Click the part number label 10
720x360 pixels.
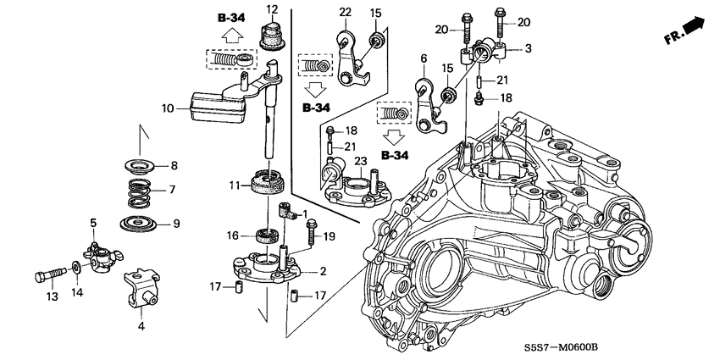[x=168, y=108]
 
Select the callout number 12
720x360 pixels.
[x=272, y=9]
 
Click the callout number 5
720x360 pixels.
[x=94, y=222]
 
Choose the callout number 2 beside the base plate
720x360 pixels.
[x=323, y=272]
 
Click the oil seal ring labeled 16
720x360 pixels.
[x=268, y=235]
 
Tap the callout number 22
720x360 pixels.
[x=345, y=10]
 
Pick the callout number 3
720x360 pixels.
[x=528, y=49]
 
